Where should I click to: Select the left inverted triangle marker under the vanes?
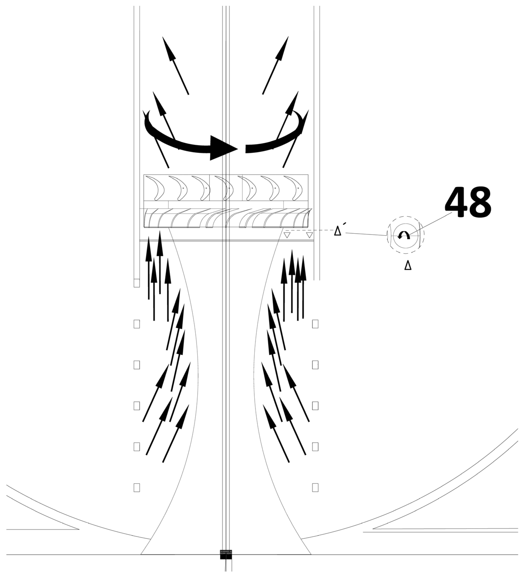coord(287,235)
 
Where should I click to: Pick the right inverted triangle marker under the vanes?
coord(310,235)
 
